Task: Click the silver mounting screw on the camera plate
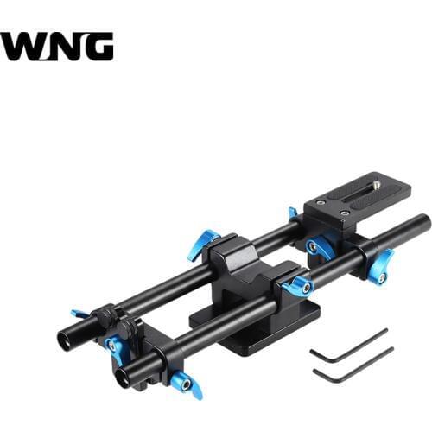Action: click(x=377, y=183)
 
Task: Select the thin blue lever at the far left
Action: click(x=80, y=313)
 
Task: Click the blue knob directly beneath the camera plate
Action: click(x=320, y=246)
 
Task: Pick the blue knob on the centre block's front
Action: click(x=296, y=286)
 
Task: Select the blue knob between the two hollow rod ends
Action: click(x=113, y=347)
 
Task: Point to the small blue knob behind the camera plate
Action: click(x=293, y=213)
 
